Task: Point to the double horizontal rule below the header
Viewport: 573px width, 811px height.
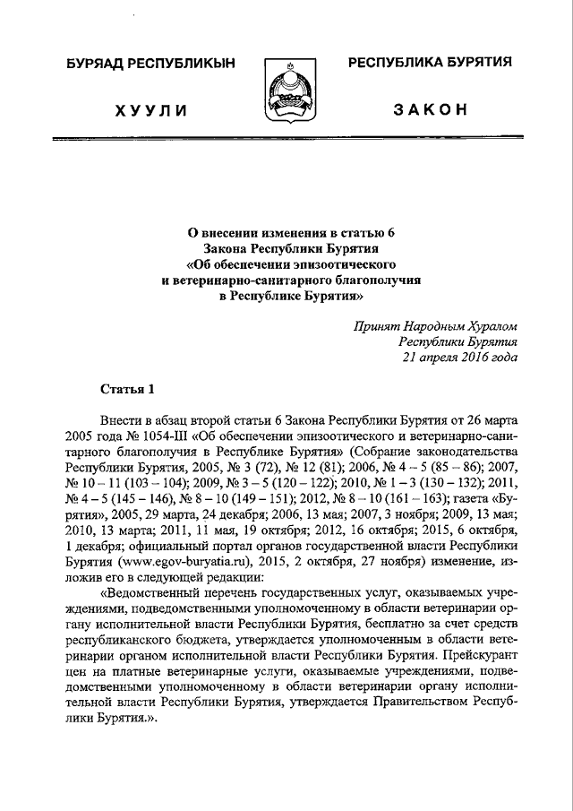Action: (286, 142)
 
